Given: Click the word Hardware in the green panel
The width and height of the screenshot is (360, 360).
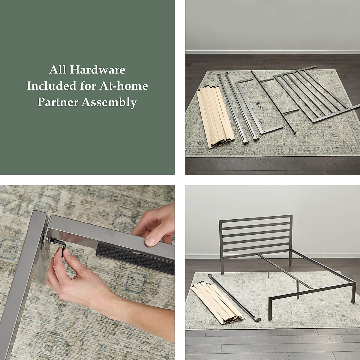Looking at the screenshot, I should pyautogui.click(x=97, y=70).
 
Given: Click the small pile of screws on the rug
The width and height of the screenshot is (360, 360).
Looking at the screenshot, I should pyautogui.click(x=259, y=104).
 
